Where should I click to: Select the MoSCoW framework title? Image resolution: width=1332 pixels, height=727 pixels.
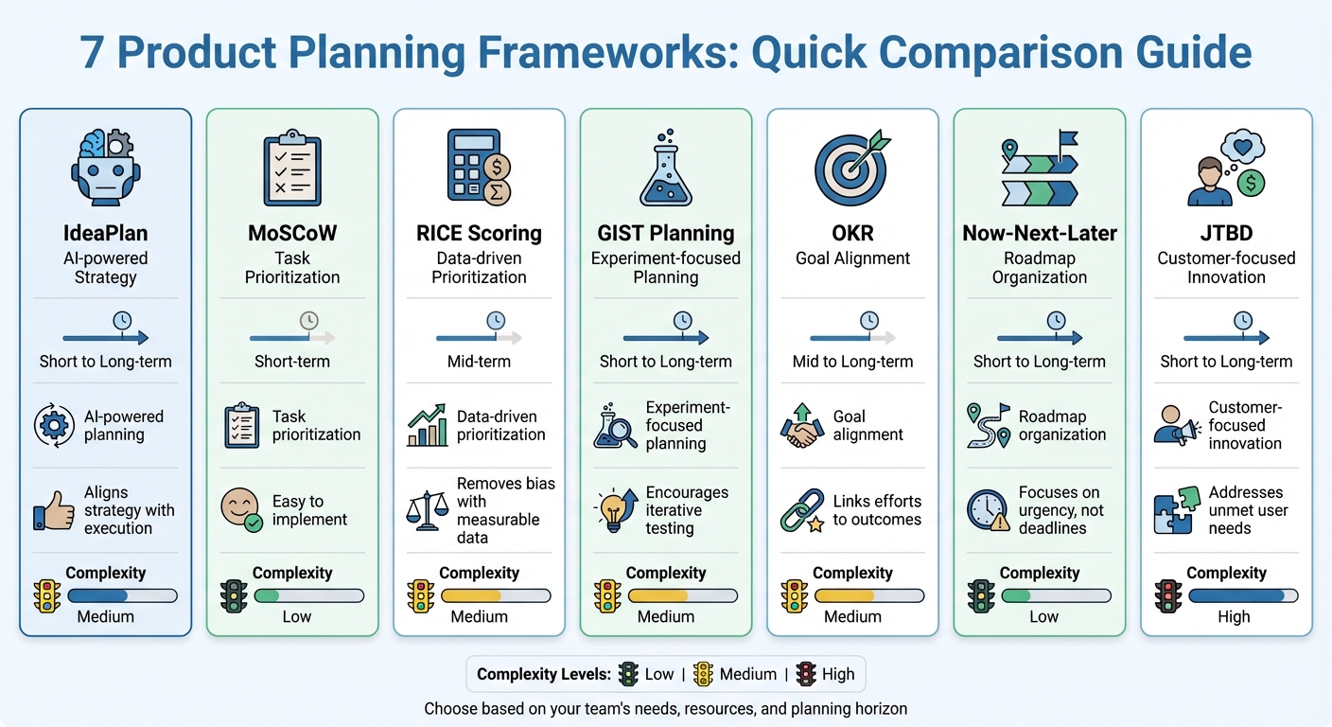pos(292,233)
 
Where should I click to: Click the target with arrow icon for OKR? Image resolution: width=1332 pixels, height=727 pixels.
pos(852,168)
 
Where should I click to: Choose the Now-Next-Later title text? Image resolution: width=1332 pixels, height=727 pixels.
pos(1039,233)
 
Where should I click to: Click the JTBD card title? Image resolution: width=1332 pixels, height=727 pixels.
pos(1226,233)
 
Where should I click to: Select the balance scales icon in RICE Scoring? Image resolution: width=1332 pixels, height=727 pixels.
pos(427,510)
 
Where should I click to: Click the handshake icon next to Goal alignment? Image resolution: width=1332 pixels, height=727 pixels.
pos(801,426)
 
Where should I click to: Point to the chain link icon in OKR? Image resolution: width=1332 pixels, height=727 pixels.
pos(801,510)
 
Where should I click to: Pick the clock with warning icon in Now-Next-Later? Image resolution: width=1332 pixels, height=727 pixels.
pos(988,510)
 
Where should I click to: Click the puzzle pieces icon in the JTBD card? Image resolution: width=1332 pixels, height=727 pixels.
pos(1174,510)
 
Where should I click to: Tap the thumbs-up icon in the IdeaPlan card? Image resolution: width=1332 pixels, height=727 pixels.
pos(54,510)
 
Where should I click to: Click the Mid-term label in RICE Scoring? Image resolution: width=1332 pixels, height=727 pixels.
pos(479,362)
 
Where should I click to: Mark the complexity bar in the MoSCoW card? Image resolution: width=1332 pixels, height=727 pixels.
pos(308,596)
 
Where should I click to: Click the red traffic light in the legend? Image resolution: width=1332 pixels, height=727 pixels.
pos(806,674)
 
